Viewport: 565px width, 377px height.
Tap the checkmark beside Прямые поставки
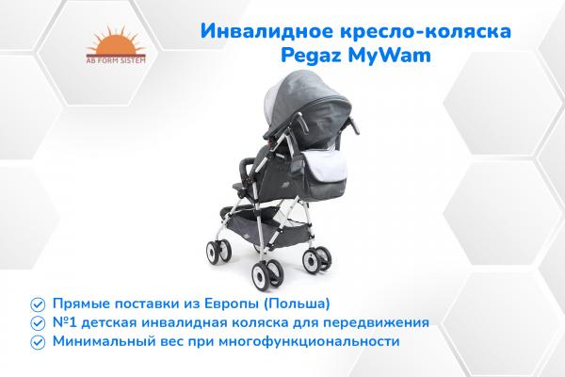click(x=37, y=303)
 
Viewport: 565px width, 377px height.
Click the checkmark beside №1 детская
click(x=37, y=322)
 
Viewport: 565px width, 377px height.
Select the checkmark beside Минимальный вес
click(x=37, y=341)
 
